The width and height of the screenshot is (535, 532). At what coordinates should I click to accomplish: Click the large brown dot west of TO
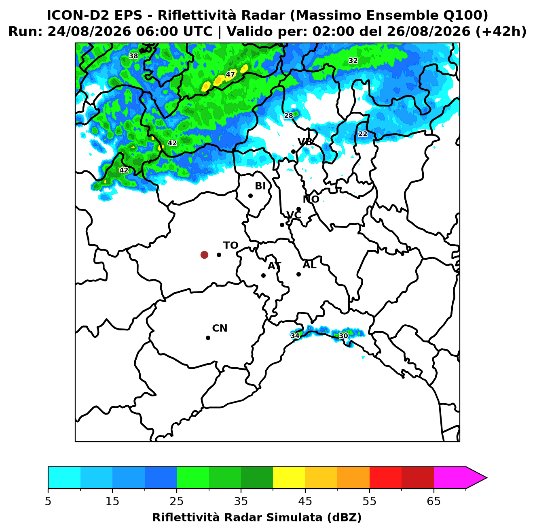pos(204,254)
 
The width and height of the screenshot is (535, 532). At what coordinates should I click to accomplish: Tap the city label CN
pos(220,328)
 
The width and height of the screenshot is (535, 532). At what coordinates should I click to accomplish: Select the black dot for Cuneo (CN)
pos(208,338)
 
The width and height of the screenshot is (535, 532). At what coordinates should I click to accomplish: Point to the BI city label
pos(260,186)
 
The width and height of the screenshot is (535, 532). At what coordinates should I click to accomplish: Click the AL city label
pos(309,264)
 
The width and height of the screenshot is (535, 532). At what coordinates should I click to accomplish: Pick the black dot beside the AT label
pos(263,275)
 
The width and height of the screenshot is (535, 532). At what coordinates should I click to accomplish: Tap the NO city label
pos(311,199)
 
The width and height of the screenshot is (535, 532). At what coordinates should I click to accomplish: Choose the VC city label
pos(294,215)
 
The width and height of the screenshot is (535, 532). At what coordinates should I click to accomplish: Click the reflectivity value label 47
pos(230,74)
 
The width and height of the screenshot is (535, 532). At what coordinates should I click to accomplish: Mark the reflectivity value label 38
pos(133,56)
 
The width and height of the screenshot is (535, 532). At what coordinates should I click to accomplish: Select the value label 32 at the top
pos(353,60)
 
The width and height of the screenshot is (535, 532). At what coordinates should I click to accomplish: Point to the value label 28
pos(288,115)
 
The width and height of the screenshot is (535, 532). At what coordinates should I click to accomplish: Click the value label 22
pos(363,134)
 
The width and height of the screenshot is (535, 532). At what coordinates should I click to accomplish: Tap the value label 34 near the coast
pos(295,336)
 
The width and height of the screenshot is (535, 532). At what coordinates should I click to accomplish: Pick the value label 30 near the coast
pos(343,336)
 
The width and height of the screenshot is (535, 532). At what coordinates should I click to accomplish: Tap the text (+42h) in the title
pos(501,32)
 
